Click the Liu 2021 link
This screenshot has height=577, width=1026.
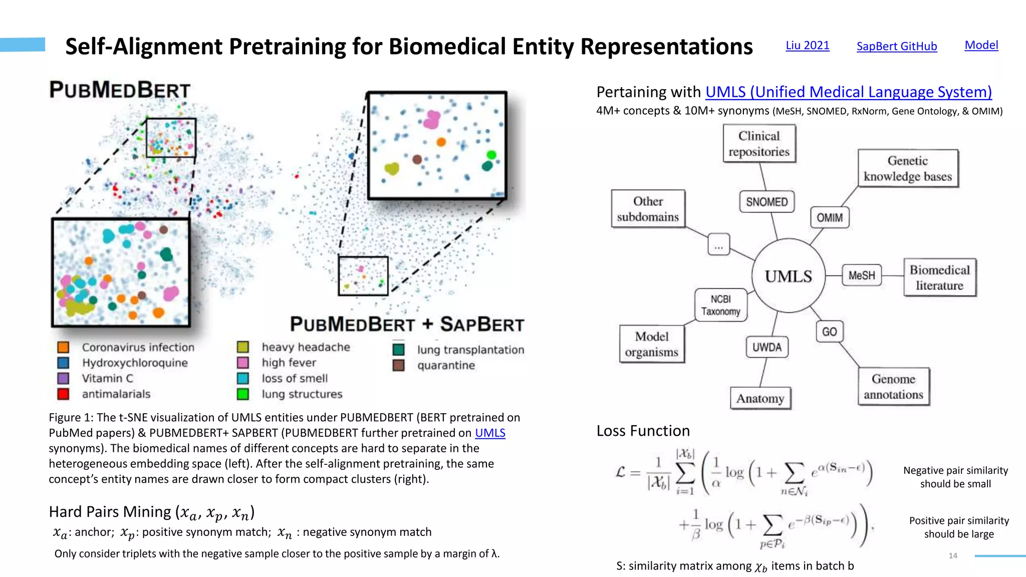(807, 46)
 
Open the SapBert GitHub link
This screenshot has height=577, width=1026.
(896, 47)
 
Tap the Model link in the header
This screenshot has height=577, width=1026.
(981, 45)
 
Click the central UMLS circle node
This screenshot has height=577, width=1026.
(788, 276)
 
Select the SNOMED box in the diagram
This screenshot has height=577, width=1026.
(766, 202)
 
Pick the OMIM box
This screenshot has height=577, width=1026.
(830, 218)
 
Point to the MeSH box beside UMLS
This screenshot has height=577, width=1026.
(862, 275)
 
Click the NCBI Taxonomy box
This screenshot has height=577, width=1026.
(720, 305)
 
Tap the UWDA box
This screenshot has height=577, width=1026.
(766, 347)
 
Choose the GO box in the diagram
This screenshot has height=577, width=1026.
(829, 332)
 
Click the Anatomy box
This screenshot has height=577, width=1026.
(760, 399)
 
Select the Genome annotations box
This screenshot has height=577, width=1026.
(893, 387)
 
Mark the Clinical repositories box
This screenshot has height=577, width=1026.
(759, 144)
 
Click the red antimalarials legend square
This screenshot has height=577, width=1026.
(63, 394)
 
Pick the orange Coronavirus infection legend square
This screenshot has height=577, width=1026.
(63, 347)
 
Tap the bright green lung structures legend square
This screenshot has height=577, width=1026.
(243, 394)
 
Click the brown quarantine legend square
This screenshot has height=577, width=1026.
(399, 365)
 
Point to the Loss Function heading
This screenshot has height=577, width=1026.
(643, 431)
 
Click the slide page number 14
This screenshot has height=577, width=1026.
(953, 555)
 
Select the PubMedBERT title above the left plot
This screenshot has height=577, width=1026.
(120, 90)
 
